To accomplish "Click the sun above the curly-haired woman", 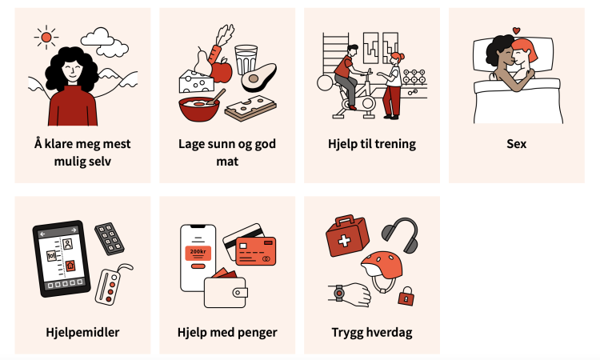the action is [x=46, y=37].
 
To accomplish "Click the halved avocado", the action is [x=258, y=78].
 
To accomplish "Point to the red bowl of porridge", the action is [x=199, y=108].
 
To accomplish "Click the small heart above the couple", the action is [x=516, y=30].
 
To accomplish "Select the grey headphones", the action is [x=400, y=234].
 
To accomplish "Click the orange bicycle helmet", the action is [x=382, y=265].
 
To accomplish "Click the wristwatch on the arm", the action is [x=338, y=294].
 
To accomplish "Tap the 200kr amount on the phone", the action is [x=198, y=252].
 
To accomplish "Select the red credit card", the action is [x=256, y=251].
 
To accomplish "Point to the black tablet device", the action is [x=62, y=258].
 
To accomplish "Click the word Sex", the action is [x=517, y=144].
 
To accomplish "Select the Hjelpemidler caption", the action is [x=82, y=332].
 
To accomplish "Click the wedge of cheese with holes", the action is [x=196, y=82].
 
